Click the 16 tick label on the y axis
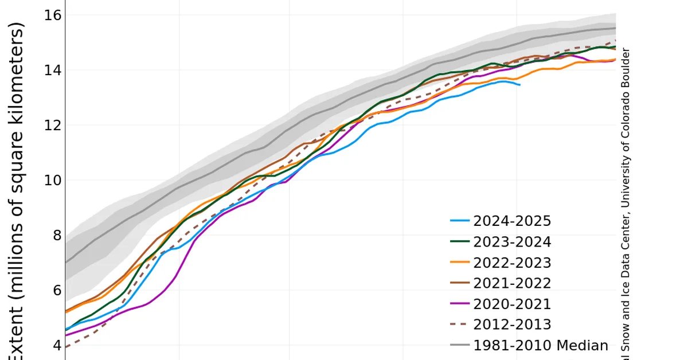pos(52,15)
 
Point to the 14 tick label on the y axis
pos(52,70)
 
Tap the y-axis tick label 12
pos(52,125)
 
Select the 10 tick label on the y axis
pos(52,180)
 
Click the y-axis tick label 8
pos(56,235)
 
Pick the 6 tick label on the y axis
pos(56,290)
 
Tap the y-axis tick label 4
pos(56,345)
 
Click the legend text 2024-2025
pos(512,221)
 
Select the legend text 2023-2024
pos(512,242)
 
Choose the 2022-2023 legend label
pos(512,263)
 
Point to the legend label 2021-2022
pos(512,283)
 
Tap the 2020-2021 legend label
pos(512,304)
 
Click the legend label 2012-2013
pos(512,324)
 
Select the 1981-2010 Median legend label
pos(541,345)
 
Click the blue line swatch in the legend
pos(460,221)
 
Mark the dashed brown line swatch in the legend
pos(460,324)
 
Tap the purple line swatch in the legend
pos(460,304)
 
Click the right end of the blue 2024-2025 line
pos(519,85)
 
